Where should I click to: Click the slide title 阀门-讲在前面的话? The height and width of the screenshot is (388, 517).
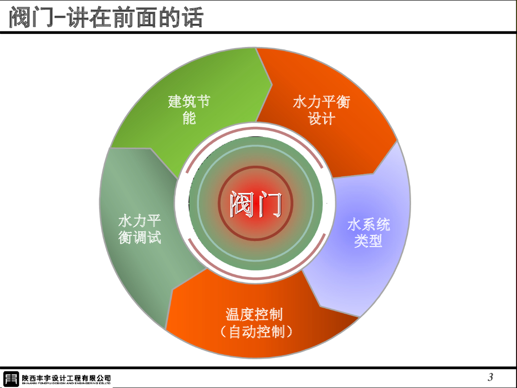[107, 18]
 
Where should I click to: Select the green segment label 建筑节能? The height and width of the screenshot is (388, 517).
[189, 110]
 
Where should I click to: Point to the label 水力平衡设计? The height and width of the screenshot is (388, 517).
[321, 110]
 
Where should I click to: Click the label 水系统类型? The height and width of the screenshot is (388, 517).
[368, 232]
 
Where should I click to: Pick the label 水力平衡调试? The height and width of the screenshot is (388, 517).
[139, 228]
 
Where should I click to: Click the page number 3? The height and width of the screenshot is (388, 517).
[490, 377]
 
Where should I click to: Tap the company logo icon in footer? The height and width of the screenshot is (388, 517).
[11, 378]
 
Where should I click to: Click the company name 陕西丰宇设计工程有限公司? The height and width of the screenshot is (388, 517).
[66, 377]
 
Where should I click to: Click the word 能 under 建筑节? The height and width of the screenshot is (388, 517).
[189, 119]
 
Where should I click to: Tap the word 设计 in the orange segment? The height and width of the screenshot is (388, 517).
[321, 119]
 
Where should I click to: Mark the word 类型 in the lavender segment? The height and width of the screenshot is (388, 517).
[368, 241]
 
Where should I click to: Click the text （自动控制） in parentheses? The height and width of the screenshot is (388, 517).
[256, 332]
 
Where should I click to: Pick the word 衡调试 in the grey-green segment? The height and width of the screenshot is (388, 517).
[139, 237]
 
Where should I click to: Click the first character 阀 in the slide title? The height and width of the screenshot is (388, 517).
[20, 18]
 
